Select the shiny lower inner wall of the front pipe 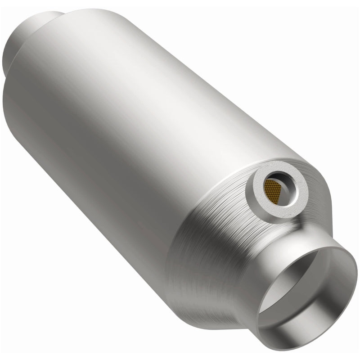point(310,315)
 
